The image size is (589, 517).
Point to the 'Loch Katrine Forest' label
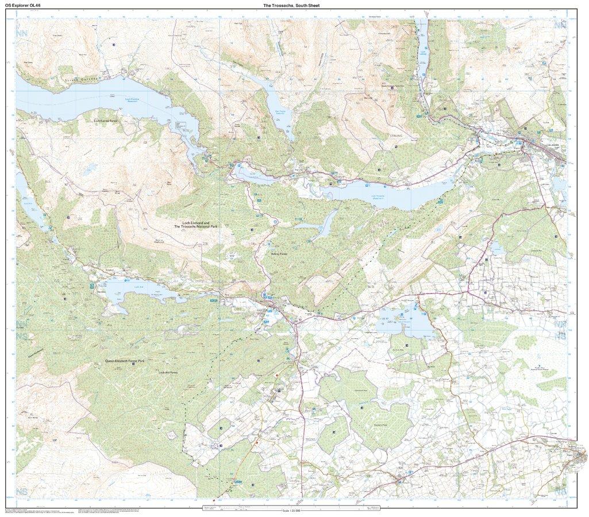coord(109,121)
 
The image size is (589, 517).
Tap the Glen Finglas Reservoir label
coord(280,113)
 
